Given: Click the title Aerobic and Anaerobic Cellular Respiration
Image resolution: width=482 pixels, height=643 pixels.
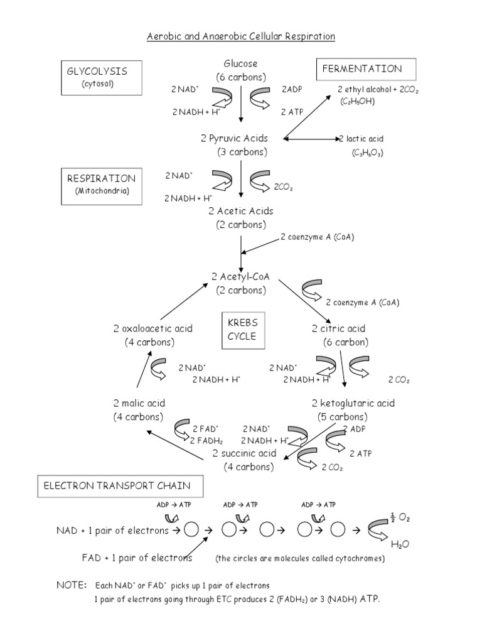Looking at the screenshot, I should click(241, 36).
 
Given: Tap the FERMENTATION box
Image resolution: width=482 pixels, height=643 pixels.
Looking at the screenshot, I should click(361, 69).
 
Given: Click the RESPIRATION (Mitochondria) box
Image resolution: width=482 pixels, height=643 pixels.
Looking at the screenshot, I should click(101, 185).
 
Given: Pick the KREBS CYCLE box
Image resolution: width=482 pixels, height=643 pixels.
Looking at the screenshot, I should click(242, 328).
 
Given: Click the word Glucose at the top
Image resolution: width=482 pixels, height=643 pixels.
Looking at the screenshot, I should click(240, 64).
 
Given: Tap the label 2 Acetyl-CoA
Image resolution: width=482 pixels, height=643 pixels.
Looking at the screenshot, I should click(240, 276).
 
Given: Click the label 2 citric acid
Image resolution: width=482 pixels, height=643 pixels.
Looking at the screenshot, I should click(338, 328).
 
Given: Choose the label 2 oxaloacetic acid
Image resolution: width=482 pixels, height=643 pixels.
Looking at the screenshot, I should click(153, 328).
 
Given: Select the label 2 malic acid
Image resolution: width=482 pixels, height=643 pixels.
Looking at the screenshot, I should click(139, 403).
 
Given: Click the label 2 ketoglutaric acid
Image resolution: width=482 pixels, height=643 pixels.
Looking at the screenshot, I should click(353, 403).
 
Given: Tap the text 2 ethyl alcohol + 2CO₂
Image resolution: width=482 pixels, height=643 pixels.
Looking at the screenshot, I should click(378, 89).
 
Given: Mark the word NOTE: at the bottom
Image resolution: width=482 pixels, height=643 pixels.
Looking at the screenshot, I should click(72, 585).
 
